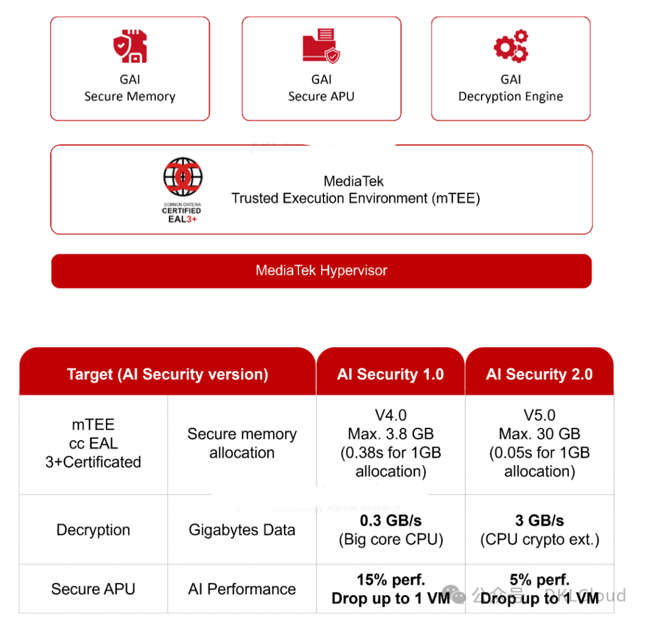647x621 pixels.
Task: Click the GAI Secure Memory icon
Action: (131, 47)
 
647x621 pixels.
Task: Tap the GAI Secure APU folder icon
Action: (321, 46)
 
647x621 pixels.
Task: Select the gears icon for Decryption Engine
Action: (510, 46)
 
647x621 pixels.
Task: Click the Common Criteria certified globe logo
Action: (183, 179)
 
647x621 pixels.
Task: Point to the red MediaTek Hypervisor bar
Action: (321, 270)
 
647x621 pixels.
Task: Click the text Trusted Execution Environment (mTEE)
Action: (356, 198)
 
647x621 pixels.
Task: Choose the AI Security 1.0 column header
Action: (390, 375)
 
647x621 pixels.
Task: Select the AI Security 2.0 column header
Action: (539, 375)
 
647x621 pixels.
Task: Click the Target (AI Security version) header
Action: (167, 375)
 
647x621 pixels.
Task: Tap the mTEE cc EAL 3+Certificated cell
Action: (93, 444)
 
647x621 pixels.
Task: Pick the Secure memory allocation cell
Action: (242, 443)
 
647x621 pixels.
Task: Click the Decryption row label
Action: (93, 530)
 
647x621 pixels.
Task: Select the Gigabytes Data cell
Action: (242, 530)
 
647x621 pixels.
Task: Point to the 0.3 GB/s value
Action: (391, 520)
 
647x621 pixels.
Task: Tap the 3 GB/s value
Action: (539, 520)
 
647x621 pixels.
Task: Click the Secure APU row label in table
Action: (93, 589)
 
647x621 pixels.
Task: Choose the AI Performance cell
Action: (242, 589)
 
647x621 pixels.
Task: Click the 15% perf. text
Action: (391, 580)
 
